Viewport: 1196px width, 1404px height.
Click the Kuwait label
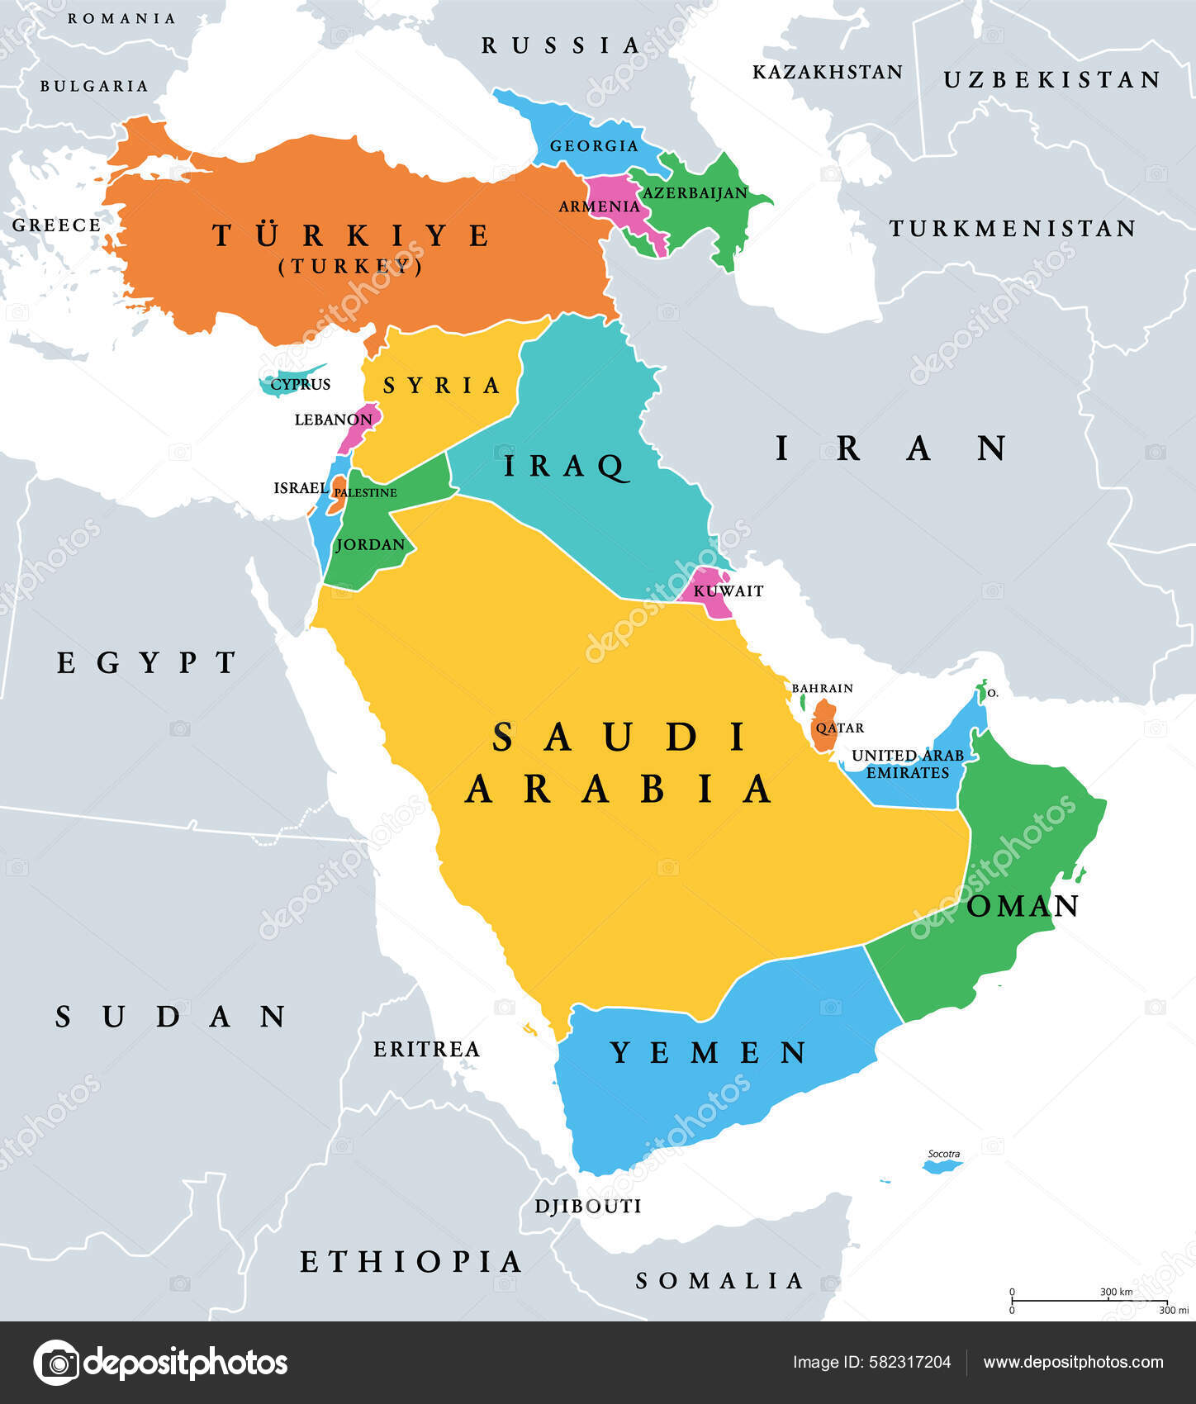click(x=728, y=591)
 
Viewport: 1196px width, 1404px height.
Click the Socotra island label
click(x=943, y=1154)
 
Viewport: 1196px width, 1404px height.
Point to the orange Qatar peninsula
click(x=823, y=725)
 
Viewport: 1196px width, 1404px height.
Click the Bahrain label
click(x=822, y=688)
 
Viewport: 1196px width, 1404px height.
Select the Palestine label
click(x=365, y=493)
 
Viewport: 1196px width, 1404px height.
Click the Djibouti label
click(x=587, y=1207)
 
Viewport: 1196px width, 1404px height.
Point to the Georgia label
click(x=594, y=146)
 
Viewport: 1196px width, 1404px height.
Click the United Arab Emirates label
click(x=907, y=764)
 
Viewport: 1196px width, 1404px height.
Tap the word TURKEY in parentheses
click(x=351, y=267)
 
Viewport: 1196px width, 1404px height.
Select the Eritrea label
click(x=426, y=1050)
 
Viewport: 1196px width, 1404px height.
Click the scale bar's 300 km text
click(x=1115, y=1292)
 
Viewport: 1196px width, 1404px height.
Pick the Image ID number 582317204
click(x=909, y=1363)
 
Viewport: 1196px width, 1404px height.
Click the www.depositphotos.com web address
click(x=1073, y=1363)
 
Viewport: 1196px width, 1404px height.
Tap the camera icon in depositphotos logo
click(x=56, y=1363)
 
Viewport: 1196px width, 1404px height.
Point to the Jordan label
click(x=370, y=545)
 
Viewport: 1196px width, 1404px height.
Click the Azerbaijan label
click(x=695, y=193)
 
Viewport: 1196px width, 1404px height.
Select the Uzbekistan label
click(x=1051, y=80)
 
